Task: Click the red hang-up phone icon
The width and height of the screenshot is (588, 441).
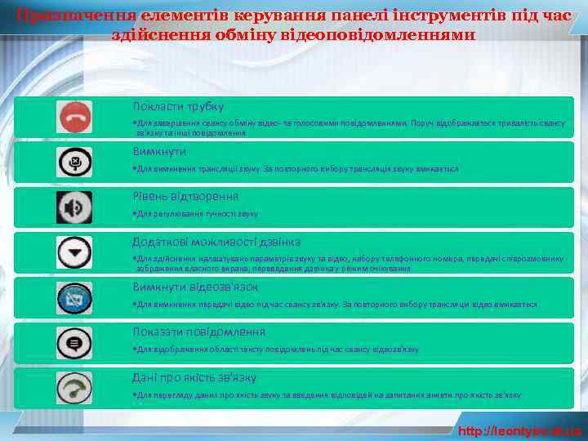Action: (x=74, y=118)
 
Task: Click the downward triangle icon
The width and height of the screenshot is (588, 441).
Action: (x=74, y=253)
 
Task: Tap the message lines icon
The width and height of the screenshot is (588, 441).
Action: (x=74, y=343)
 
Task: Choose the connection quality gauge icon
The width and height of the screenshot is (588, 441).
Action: (x=74, y=387)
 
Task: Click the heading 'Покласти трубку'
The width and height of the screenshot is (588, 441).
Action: (x=178, y=107)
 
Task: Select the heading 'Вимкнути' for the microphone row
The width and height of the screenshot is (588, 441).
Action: (x=160, y=152)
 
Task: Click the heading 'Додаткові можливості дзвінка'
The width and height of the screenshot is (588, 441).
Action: (x=216, y=242)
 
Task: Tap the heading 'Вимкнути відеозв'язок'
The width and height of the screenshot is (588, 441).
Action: (x=195, y=287)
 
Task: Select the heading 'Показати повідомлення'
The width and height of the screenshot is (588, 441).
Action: (x=198, y=332)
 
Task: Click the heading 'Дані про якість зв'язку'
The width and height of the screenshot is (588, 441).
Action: (x=194, y=377)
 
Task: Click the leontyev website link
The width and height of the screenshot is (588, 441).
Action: (x=519, y=430)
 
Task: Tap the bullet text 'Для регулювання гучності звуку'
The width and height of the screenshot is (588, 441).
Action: (x=197, y=214)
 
